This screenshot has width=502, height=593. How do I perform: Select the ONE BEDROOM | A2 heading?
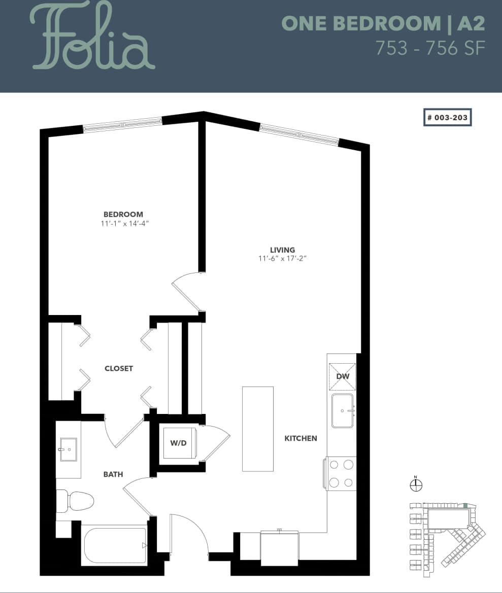click(383, 23)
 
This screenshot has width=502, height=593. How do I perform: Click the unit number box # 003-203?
click(448, 117)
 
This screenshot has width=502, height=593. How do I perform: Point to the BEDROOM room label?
click(123, 215)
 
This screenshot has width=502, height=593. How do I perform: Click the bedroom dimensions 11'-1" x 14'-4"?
click(124, 223)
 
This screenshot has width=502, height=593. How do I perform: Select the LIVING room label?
click(282, 250)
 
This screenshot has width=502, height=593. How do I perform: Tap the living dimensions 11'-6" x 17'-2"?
click(282, 258)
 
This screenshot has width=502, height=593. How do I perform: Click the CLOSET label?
click(119, 368)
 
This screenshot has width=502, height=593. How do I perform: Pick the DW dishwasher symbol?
click(342, 376)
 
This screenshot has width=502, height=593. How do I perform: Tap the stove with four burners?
click(341, 473)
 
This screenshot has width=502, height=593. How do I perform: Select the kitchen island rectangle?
click(257, 429)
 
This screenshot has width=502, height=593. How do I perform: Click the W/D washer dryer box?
click(178, 443)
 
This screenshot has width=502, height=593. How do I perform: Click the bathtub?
click(115, 546)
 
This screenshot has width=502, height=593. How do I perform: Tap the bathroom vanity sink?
click(68, 449)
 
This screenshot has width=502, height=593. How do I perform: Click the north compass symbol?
click(416, 485)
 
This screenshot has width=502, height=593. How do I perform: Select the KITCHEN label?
click(300, 438)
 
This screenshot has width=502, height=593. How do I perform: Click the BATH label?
click(113, 474)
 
